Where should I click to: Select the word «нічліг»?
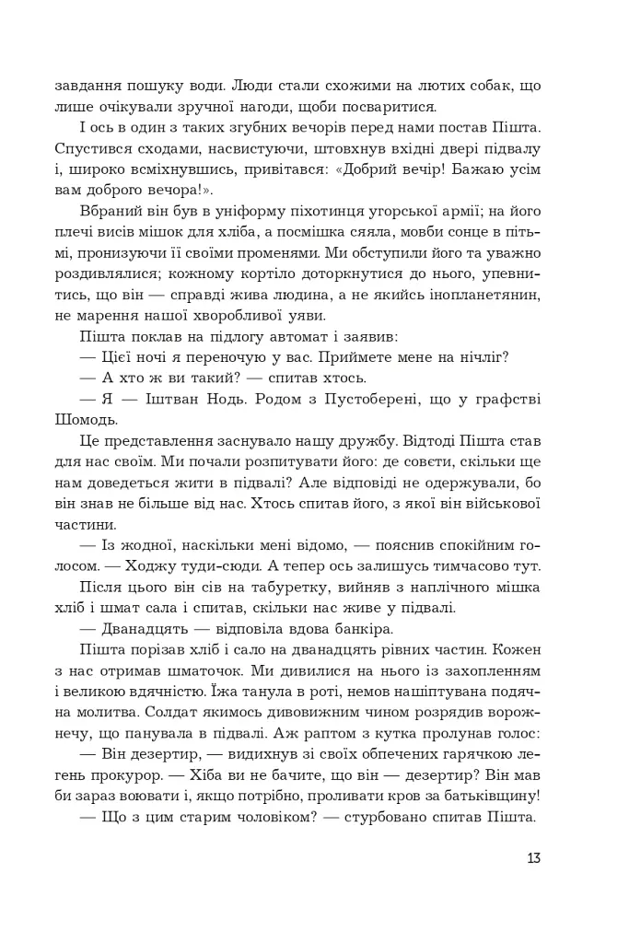[482, 357]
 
